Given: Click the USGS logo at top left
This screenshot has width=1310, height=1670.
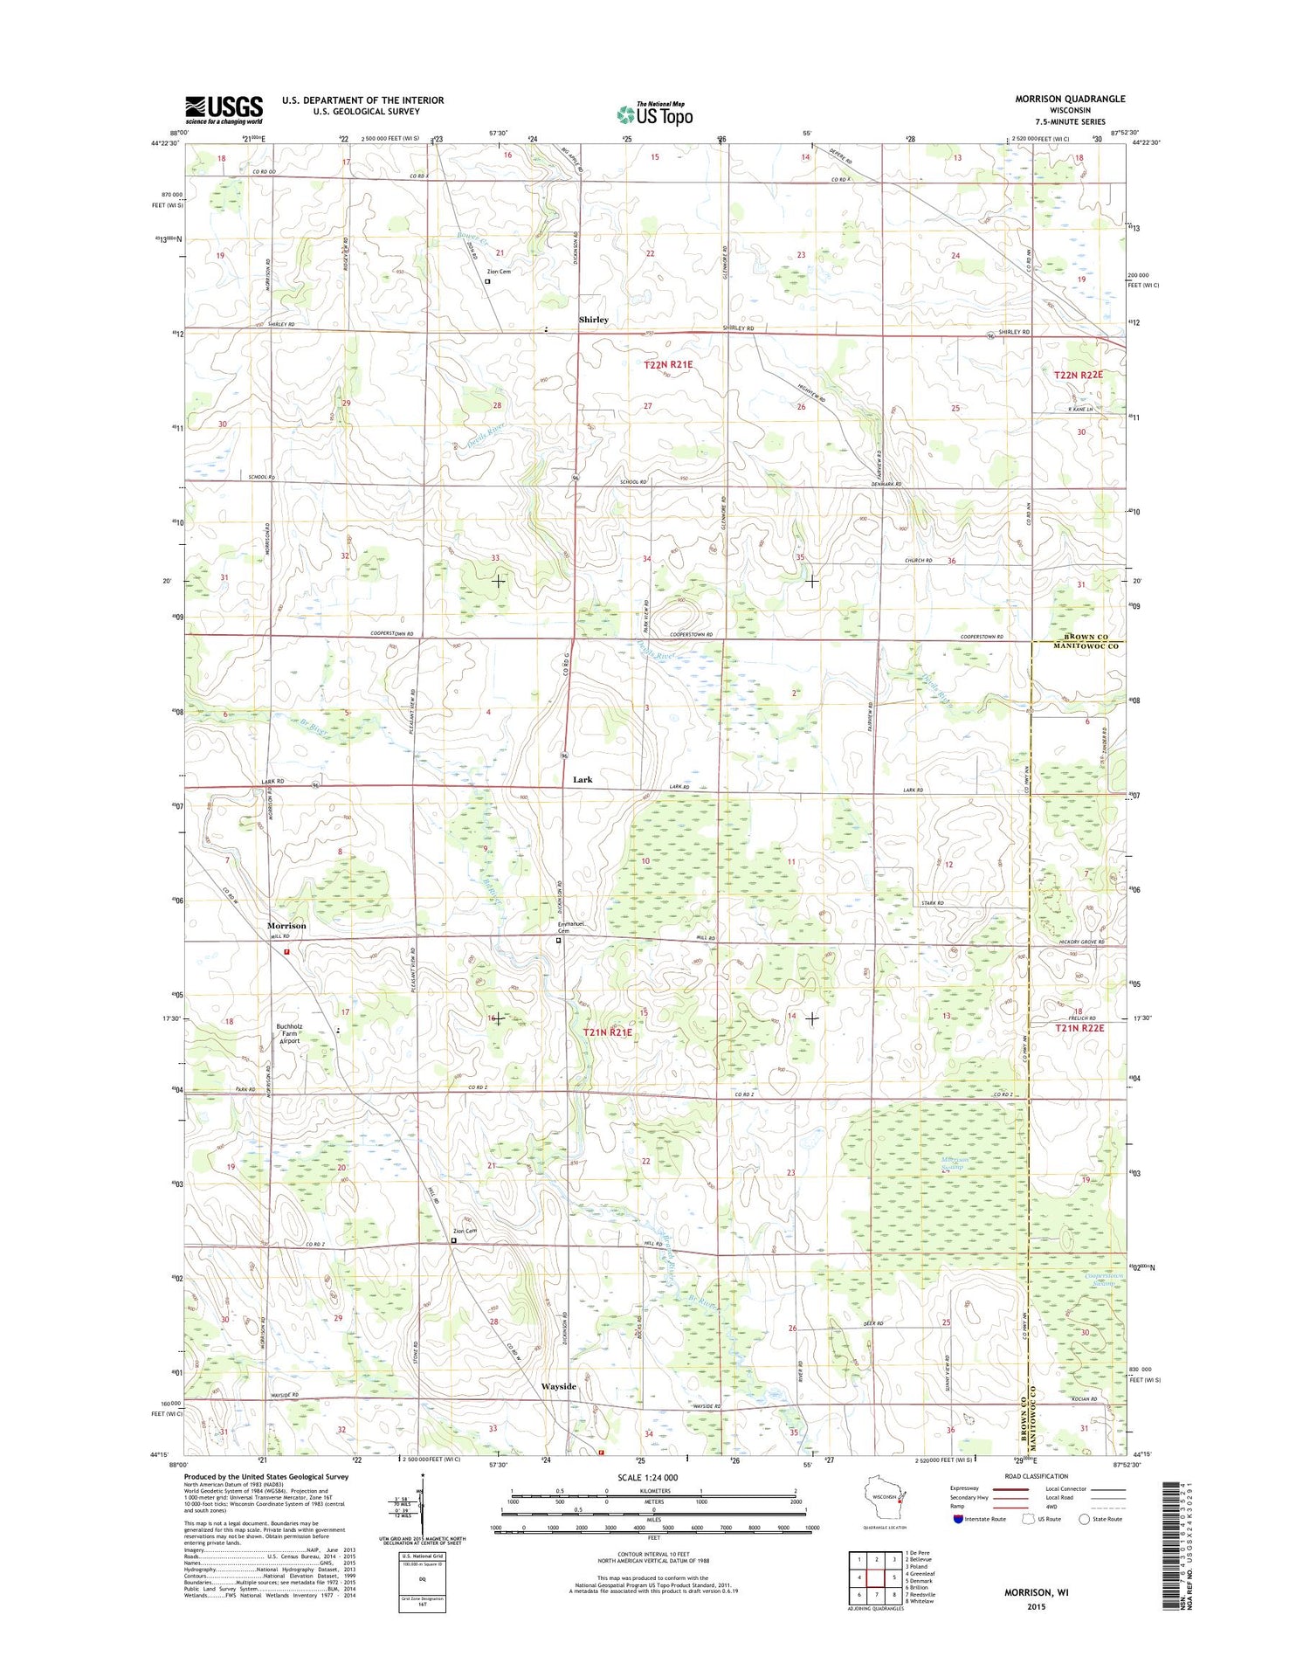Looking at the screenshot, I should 224,110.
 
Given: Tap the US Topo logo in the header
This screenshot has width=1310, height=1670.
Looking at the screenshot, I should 655,114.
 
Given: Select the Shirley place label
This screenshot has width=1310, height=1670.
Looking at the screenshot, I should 593,320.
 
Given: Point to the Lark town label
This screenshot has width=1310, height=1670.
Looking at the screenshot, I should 583,779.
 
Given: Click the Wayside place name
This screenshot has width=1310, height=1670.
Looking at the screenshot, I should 558,1386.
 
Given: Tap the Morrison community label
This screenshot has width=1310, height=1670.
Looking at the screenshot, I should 286,925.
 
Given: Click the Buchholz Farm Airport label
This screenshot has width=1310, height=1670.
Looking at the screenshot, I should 289,1033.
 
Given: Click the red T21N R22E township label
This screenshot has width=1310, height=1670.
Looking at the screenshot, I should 1079,1028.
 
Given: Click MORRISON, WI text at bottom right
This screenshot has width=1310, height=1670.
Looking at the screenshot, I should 1036,1592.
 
